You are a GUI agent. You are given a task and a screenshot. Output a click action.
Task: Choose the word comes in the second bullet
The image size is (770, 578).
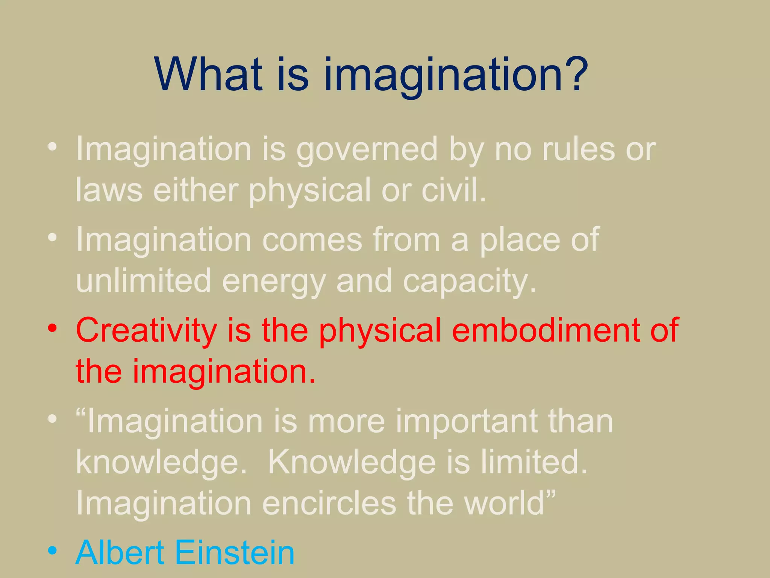[312, 240]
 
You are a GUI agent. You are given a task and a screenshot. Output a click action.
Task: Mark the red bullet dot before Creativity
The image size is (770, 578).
[52, 328]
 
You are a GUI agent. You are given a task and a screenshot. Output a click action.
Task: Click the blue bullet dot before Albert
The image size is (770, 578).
[52, 551]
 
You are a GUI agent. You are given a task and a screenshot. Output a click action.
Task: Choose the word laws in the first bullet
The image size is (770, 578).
[109, 190]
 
